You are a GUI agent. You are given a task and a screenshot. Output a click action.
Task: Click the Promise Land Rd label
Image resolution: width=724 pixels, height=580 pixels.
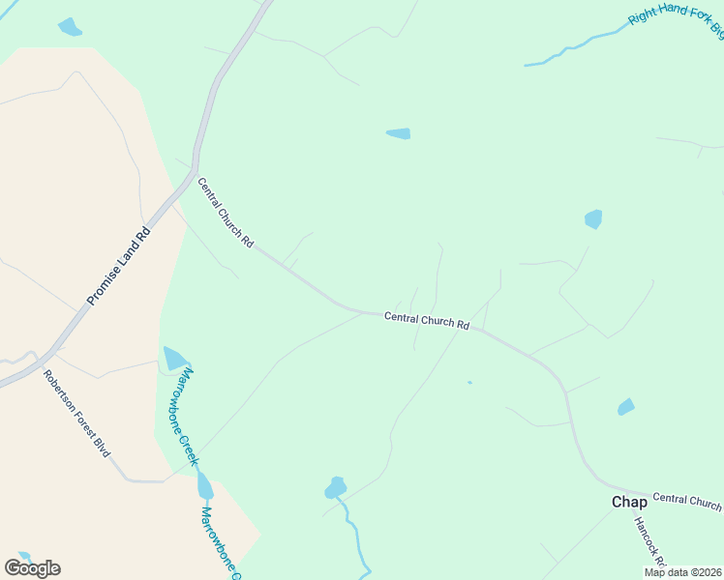point(119,266)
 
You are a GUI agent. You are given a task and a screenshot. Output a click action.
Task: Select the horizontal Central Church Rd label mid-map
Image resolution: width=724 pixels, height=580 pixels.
point(426,320)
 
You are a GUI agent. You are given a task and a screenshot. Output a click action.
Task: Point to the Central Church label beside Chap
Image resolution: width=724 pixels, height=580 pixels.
point(686,500)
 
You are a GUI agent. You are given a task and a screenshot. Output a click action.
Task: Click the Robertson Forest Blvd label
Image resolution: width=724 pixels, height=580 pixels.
point(76,413)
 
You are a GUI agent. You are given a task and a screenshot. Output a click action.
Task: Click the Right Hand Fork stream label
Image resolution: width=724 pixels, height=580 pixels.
point(676,18)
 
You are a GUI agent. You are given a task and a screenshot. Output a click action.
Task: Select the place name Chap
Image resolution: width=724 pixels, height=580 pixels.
point(628,502)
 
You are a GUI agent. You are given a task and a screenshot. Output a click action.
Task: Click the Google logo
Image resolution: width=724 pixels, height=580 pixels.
point(32,568)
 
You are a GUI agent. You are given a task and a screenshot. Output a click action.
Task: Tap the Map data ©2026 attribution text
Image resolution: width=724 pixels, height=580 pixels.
point(683,572)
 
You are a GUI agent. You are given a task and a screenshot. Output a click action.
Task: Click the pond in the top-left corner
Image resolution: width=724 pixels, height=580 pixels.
point(70,27)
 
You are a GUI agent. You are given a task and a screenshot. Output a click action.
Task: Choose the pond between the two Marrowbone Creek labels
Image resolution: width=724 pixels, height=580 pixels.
point(204,485)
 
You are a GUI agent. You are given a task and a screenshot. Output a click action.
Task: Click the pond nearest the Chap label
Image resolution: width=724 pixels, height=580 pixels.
point(626,407)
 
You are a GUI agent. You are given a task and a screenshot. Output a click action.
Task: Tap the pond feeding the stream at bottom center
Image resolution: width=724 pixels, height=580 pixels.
point(335,487)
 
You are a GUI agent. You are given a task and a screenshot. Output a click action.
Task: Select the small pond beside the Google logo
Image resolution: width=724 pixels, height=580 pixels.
point(23,558)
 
